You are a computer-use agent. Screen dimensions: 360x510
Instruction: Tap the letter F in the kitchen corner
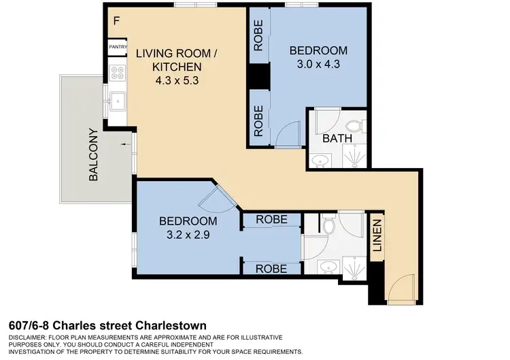coord(117,20)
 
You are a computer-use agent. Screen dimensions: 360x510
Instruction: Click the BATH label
coord(337,138)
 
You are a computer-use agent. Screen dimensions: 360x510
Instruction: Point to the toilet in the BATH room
coord(353,125)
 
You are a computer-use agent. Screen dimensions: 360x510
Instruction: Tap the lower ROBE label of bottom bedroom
coord(271,269)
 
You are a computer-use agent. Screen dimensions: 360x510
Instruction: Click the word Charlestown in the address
coord(170,326)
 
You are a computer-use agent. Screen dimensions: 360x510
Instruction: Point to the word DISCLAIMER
coord(29,338)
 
